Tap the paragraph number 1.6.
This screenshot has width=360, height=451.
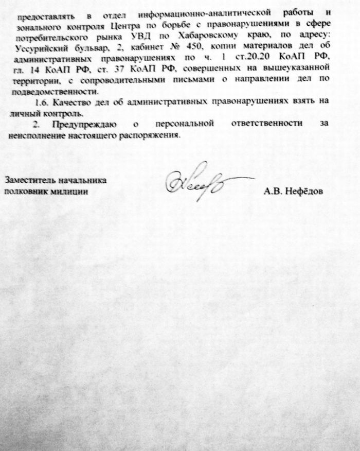coord(39,101)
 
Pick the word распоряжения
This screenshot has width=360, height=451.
coord(155,136)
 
